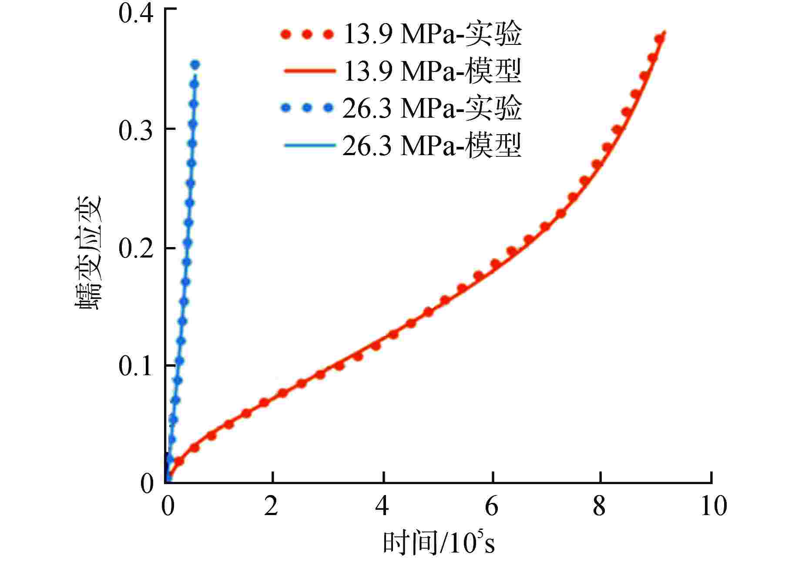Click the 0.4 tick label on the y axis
point(136,14)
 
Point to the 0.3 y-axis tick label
point(136,131)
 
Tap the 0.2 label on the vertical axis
point(136,248)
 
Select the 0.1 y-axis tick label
point(136,366)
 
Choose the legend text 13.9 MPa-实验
point(432,34)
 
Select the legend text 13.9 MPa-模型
point(432,71)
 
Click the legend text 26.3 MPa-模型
point(432,145)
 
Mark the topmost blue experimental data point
point(195,65)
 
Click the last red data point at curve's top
point(659,39)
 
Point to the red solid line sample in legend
point(310,71)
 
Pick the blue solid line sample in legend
point(310,145)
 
